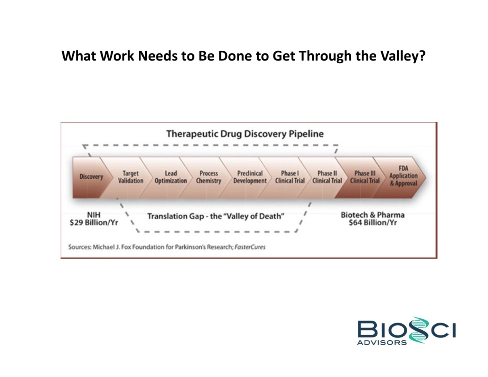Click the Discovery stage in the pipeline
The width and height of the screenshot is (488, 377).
click(91, 177)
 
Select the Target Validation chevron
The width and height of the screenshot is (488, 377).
click(129, 177)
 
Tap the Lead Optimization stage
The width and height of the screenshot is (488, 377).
click(169, 177)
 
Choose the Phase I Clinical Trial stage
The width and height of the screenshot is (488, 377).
click(289, 177)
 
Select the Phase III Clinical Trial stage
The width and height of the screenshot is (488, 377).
click(364, 177)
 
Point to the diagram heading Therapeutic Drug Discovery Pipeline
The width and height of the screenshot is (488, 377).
click(245, 134)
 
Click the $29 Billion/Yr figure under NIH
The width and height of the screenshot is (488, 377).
click(94, 223)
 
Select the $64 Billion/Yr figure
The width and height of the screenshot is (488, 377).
click(373, 223)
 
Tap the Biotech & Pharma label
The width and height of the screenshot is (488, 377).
click(373, 215)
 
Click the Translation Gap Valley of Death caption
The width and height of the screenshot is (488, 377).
click(216, 216)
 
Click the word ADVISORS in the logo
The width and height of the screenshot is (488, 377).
click(382, 343)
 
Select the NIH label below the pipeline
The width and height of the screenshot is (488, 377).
click(94, 215)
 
